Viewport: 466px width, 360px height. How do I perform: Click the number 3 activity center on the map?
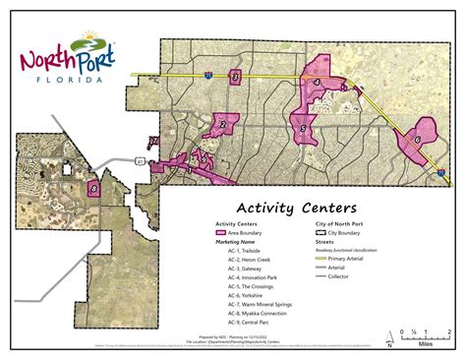click(x=235, y=77)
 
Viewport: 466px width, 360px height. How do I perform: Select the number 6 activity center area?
click(x=418, y=140)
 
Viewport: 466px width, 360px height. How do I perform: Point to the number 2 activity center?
click(x=223, y=124)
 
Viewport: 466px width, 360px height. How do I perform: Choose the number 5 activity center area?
click(x=304, y=127)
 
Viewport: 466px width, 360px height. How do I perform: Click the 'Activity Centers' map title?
click(x=296, y=208)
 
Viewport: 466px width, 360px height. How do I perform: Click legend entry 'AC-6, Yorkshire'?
click(x=250, y=294)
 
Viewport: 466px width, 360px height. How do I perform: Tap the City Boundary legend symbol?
click(x=320, y=232)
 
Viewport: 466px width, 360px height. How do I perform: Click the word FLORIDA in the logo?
click(x=66, y=81)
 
